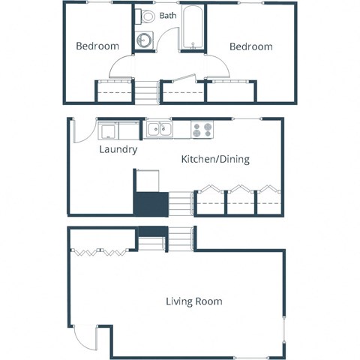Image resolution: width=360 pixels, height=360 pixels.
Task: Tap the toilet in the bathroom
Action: [x=147, y=16]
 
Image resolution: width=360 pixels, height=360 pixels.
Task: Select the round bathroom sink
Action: [x=144, y=40]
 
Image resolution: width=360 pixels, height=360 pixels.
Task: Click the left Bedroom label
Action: [x=97, y=46]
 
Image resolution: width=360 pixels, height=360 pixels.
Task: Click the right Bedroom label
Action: [x=250, y=46]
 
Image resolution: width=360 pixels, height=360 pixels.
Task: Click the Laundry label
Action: [x=118, y=149]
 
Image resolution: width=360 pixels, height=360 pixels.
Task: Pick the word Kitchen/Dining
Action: [x=215, y=159]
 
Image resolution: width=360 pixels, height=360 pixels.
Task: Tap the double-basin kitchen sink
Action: [x=158, y=130]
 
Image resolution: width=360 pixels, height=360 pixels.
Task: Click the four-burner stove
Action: [x=202, y=130]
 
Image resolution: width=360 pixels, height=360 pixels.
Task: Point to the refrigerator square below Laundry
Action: [x=148, y=180]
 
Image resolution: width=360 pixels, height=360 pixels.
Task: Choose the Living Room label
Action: [x=193, y=301]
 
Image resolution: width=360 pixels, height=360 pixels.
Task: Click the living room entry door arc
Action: [x=87, y=337]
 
